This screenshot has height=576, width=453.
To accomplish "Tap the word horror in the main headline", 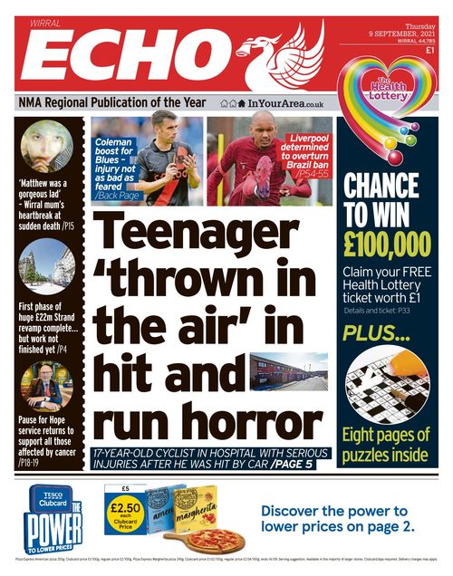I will coord(208,421).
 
